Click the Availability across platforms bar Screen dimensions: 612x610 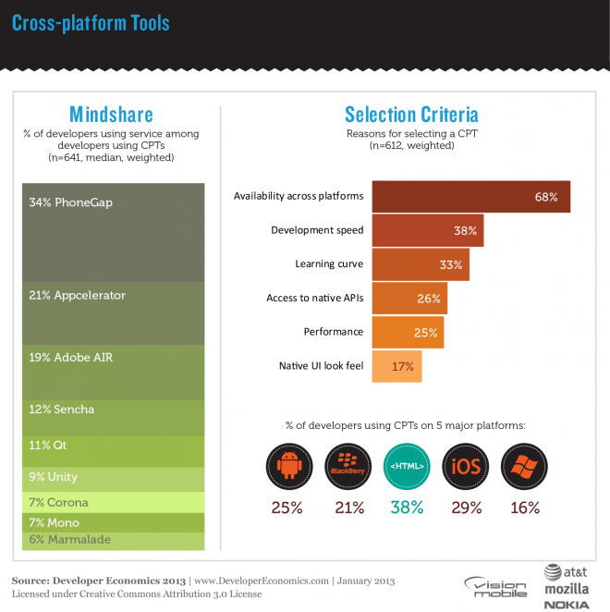470,197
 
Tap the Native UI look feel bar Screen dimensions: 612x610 396,365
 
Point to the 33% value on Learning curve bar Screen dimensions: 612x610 450,264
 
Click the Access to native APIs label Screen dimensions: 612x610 314,298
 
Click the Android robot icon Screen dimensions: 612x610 287,468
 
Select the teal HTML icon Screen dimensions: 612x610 405,468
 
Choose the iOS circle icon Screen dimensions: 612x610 465,468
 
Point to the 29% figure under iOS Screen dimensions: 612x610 465,507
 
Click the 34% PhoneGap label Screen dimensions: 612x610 65,202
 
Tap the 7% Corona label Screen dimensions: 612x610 59,502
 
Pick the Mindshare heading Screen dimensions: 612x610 112,115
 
